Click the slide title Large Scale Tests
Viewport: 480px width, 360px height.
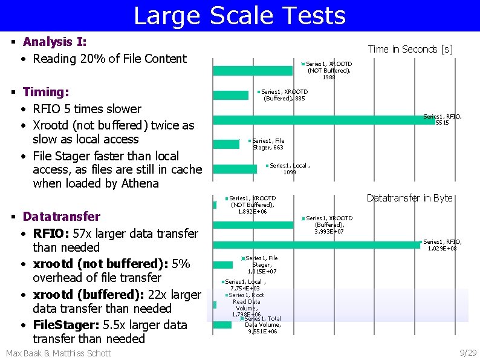(x=239, y=16)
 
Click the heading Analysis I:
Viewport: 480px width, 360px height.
(x=54, y=42)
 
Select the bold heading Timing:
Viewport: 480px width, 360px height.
(x=45, y=92)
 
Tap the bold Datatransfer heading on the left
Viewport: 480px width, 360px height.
(x=61, y=217)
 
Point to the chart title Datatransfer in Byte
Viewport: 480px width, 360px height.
(x=409, y=198)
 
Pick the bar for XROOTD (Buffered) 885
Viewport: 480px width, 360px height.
(x=232, y=95)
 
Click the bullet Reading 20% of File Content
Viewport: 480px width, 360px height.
(x=109, y=59)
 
